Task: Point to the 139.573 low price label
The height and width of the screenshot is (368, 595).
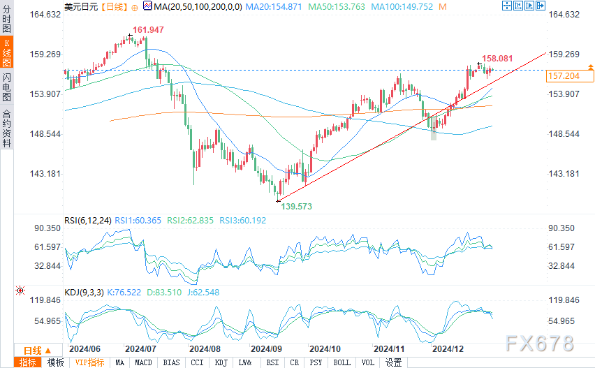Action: point(296,207)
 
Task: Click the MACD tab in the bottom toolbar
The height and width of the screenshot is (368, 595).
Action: point(143,362)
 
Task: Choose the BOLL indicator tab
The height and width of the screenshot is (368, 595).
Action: point(341,362)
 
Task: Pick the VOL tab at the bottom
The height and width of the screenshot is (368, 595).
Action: point(367,362)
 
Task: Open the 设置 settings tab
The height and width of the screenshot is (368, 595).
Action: point(393,362)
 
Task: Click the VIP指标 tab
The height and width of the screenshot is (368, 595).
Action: point(89,362)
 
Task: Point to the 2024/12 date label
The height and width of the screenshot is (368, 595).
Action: point(447,348)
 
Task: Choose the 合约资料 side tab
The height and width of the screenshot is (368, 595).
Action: point(7,128)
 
